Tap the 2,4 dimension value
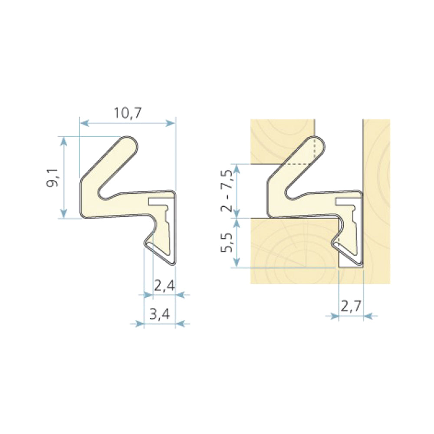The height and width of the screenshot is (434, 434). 164,285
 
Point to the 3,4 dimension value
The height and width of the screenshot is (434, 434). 159,313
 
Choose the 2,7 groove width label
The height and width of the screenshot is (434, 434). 351,306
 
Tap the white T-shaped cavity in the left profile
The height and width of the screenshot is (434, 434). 161,202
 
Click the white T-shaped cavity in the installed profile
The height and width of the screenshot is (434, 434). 347,202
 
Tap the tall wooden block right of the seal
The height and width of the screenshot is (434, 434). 376,200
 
